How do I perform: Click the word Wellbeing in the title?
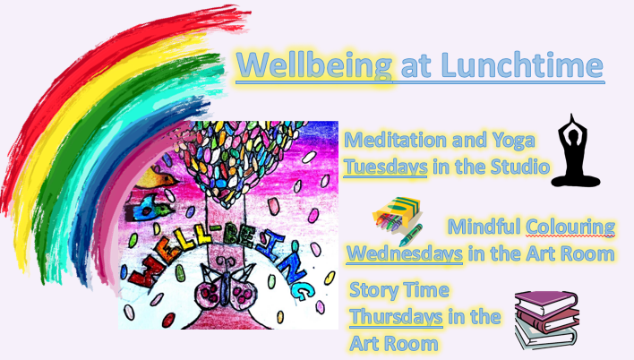click(x=314, y=65)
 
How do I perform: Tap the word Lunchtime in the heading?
click(x=522, y=64)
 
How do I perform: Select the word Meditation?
click(x=396, y=140)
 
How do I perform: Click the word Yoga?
click(x=513, y=141)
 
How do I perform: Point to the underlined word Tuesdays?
click(x=385, y=167)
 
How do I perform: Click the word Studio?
click(x=520, y=167)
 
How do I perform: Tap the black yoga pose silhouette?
click(x=575, y=150)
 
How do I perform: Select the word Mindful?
click(x=484, y=226)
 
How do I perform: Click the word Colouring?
click(x=570, y=227)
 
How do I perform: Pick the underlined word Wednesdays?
click(x=405, y=253)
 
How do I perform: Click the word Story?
click(x=371, y=291)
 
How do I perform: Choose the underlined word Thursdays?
click(x=396, y=316)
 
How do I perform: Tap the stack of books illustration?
click(x=546, y=320)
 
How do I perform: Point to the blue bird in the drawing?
click(x=151, y=208)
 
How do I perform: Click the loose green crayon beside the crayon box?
click(x=411, y=235)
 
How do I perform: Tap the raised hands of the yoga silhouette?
click(x=571, y=121)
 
